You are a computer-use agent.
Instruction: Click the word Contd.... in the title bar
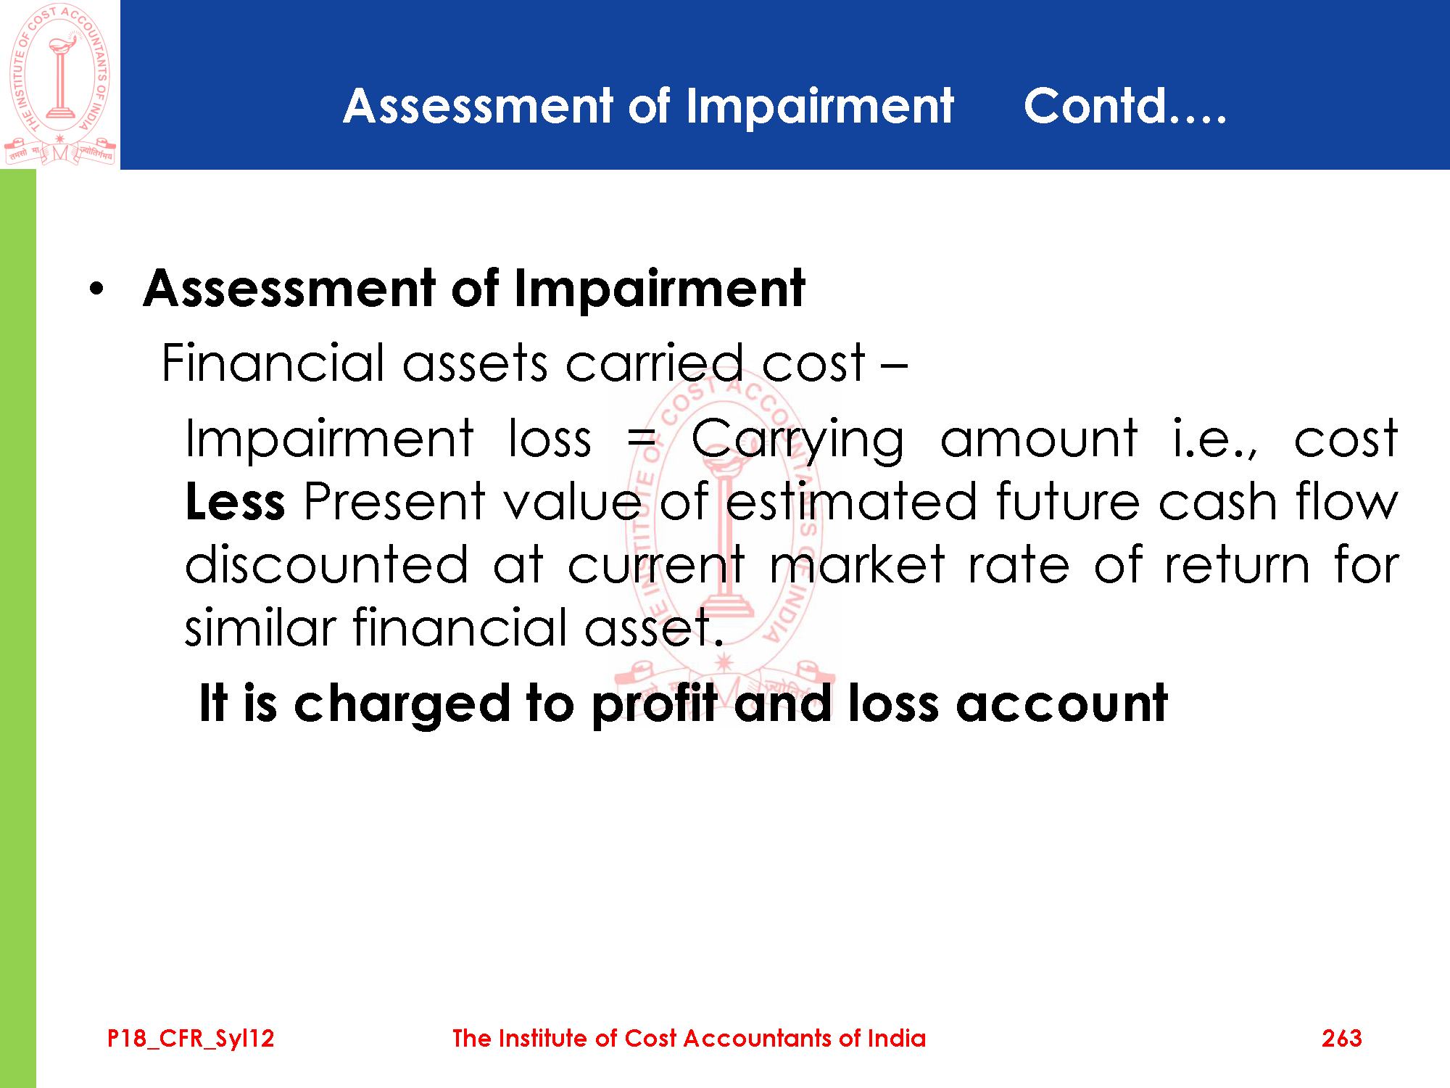coord(1125,107)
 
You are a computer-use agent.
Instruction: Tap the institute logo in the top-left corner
coord(59,84)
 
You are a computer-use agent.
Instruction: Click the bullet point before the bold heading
coord(97,289)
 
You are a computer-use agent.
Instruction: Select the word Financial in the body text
coord(273,362)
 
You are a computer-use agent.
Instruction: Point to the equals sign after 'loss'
coord(641,439)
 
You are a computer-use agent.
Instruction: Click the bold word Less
coord(235,501)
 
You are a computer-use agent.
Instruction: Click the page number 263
coord(1341,1039)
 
